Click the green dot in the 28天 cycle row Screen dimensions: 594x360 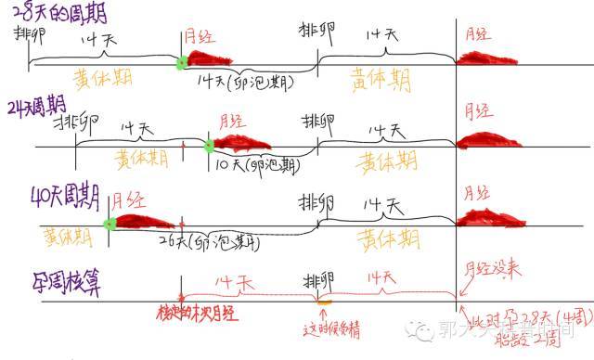pos(182,63)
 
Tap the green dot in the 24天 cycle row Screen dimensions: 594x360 pos(210,144)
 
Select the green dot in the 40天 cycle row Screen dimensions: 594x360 pos(110,224)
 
